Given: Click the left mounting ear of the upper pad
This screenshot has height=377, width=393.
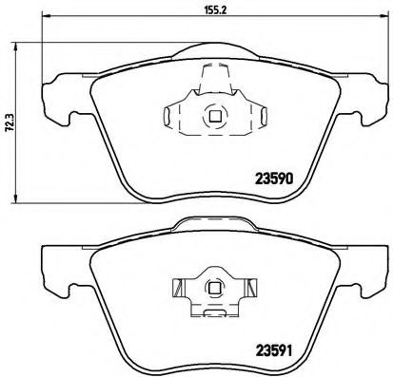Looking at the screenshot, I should [51, 95].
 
